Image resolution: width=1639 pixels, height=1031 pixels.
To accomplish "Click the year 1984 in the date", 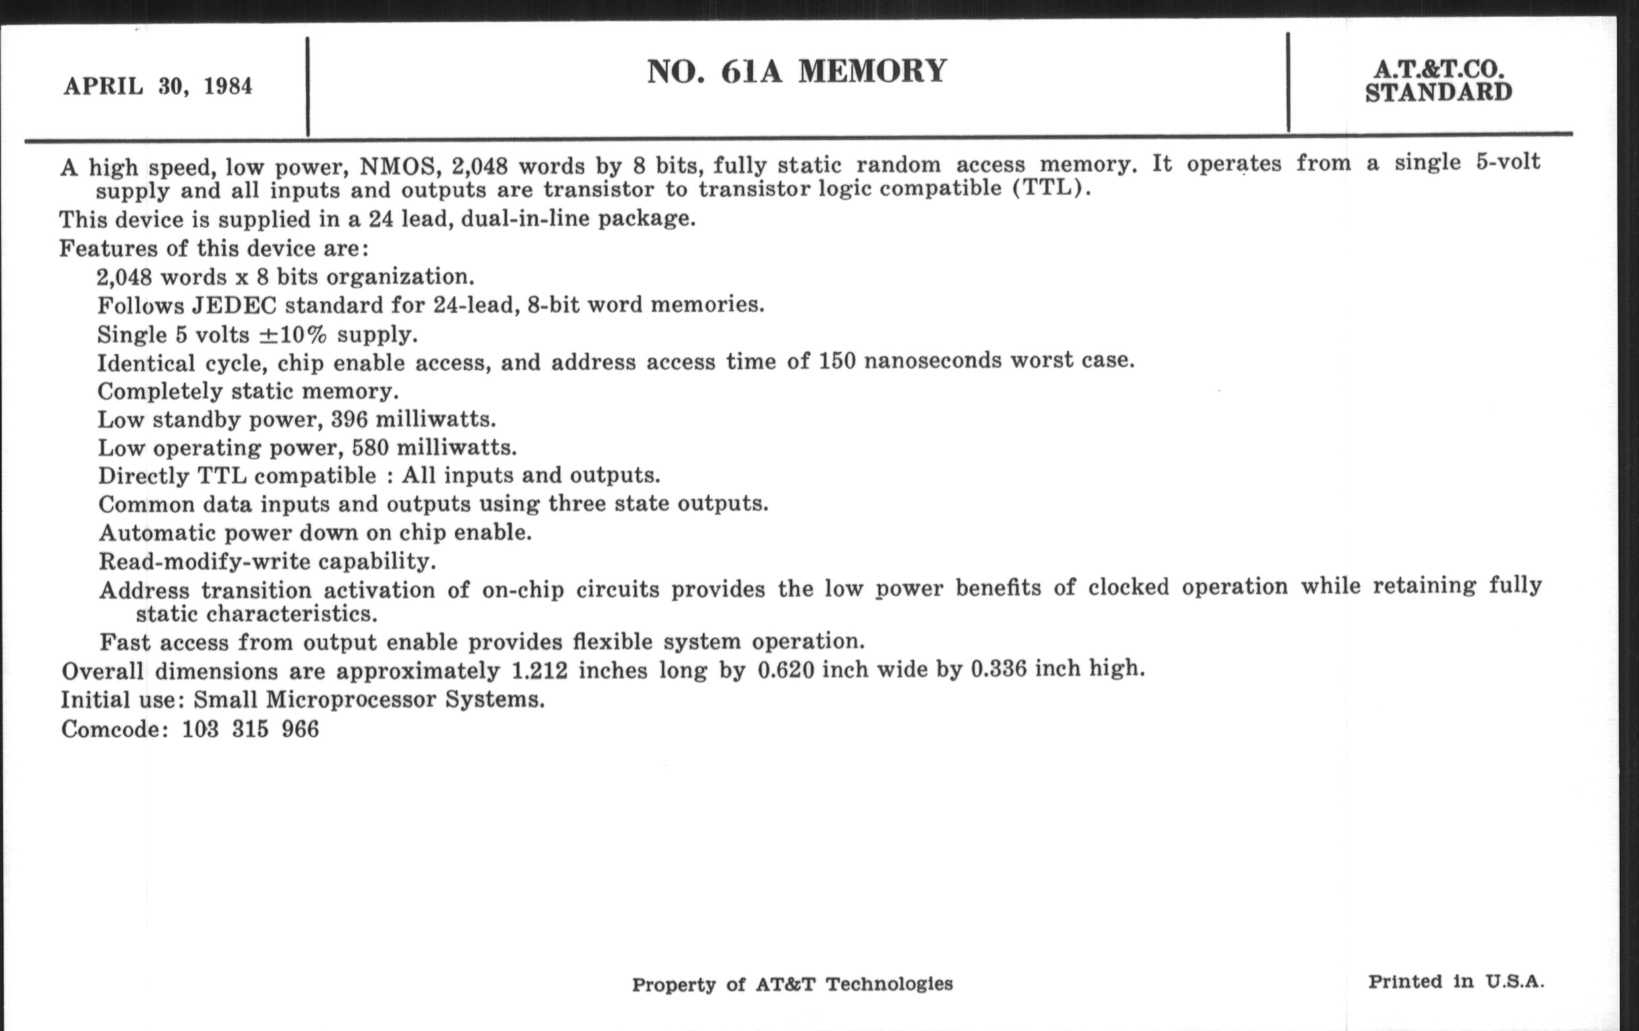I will tap(228, 86).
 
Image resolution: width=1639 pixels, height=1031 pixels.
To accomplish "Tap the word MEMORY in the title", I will tap(873, 71).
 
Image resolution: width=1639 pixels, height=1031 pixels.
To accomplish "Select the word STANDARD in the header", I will tap(1438, 92).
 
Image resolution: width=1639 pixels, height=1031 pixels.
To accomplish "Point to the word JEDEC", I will tap(233, 305).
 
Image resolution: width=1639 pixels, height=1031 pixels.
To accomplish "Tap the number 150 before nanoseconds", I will tap(836, 361).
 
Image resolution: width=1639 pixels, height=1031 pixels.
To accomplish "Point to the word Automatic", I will tap(157, 533).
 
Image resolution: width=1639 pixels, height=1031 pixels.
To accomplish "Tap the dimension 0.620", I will tap(786, 670).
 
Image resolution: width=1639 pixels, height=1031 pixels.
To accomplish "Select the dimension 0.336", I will tap(999, 669).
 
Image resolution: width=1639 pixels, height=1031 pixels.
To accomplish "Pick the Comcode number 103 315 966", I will tap(250, 730).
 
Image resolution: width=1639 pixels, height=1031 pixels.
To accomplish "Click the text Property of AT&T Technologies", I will tap(793, 984).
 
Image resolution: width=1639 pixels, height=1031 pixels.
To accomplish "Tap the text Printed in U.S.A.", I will tap(1456, 981).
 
